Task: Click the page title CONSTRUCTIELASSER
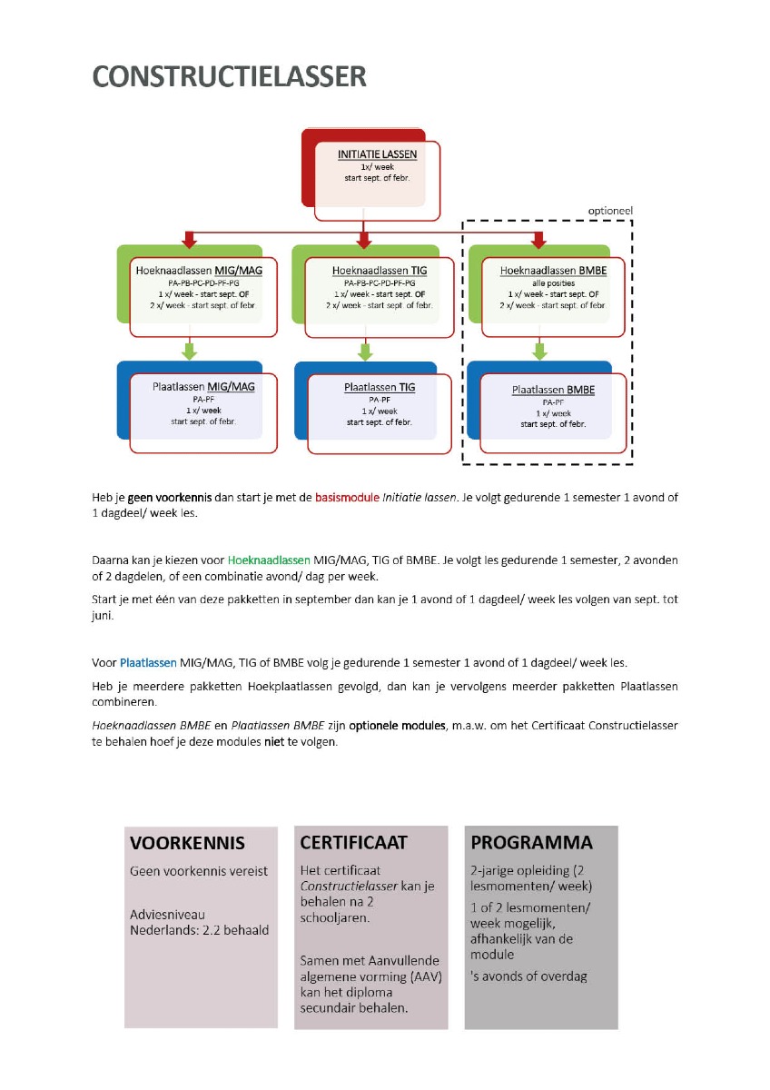(230, 77)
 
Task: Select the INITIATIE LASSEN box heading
(377, 155)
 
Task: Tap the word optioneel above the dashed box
(610, 211)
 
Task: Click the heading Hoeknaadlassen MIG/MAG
(195, 271)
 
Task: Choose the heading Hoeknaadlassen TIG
(380, 271)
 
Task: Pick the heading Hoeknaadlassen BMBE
(553, 271)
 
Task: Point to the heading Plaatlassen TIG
(380, 387)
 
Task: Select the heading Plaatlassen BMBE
(553, 390)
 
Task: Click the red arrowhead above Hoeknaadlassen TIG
(364, 241)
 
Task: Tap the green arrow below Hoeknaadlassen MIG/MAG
(189, 351)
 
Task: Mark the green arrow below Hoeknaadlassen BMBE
(538, 351)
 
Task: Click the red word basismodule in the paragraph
(347, 498)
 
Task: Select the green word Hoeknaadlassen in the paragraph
(269, 560)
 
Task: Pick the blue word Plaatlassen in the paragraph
(148, 662)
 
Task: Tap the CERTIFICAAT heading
(354, 842)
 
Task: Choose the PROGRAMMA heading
(531, 842)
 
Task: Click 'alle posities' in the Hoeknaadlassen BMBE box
(552, 282)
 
